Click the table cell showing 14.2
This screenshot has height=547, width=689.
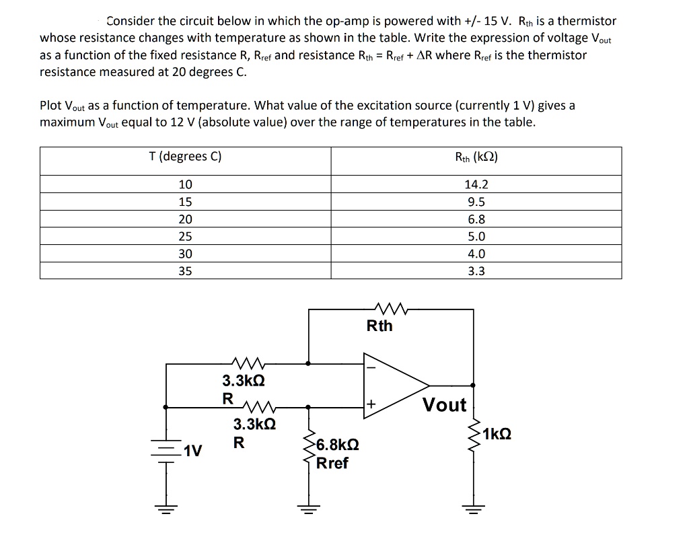[475, 184]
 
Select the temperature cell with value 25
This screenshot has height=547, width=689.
[185, 236]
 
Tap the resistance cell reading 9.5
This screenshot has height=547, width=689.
[475, 202]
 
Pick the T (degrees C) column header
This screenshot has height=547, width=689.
[185, 157]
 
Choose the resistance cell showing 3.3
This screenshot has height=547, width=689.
[475, 271]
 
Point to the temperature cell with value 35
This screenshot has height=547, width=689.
[185, 271]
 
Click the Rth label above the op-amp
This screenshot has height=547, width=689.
[379, 326]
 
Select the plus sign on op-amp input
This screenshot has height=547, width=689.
[369, 405]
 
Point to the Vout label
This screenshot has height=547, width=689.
[444, 405]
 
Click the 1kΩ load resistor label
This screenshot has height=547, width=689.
[497, 434]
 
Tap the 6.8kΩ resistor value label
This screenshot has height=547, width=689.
[338, 445]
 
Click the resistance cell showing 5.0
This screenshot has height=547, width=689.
[475, 236]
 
